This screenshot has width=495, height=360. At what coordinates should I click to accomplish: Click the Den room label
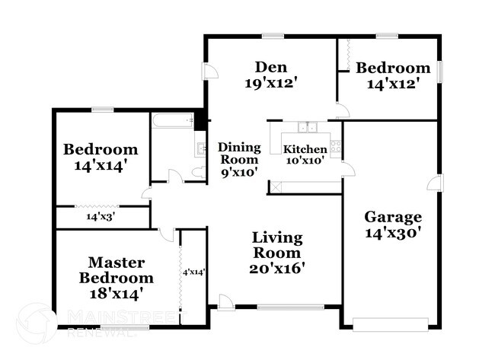point(271,67)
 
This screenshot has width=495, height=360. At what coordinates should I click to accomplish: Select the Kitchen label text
point(305,149)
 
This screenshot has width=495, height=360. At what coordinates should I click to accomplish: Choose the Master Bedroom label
point(117,269)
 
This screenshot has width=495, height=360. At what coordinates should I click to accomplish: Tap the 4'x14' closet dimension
point(194,271)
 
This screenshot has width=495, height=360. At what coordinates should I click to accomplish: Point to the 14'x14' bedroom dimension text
point(100,165)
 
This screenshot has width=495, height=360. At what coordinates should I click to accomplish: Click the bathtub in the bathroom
point(172,120)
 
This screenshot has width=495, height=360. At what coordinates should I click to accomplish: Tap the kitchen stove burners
point(335,146)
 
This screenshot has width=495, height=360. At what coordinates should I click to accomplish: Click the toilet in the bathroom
point(198,172)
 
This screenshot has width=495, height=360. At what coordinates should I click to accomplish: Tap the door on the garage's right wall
point(434,183)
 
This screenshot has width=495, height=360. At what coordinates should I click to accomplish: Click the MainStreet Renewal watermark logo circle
point(36,323)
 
